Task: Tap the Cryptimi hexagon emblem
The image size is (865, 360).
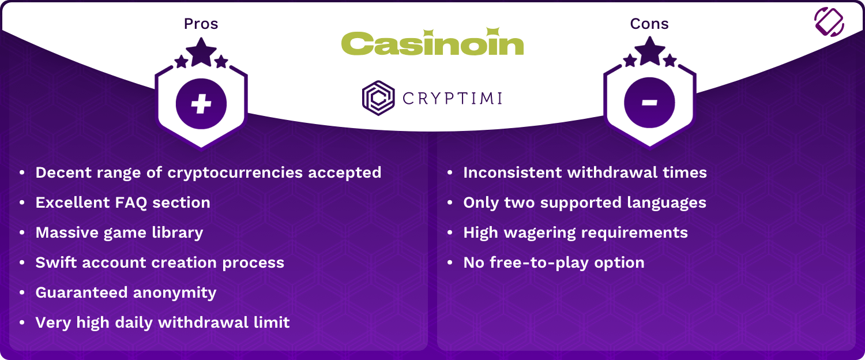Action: pyautogui.click(x=378, y=98)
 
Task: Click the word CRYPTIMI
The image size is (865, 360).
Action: pyautogui.click(x=452, y=99)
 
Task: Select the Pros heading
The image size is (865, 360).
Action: pyautogui.click(x=201, y=24)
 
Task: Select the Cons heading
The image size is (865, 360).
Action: pyautogui.click(x=649, y=24)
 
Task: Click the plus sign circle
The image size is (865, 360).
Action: pyautogui.click(x=201, y=103)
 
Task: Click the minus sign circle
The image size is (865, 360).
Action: pyautogui.click(x=649, y=102)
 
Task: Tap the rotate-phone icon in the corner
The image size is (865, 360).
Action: pyautogui.click(x=829, y=22)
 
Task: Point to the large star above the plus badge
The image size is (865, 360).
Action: pyautogui.click(x=201, y=52)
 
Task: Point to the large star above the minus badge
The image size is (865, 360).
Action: pyautogui.click(x=650, y=51)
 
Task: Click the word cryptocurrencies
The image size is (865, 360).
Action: pyautogui.click(x=235, y=173)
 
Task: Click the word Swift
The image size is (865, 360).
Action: pyautogui.click(x=56, y=262)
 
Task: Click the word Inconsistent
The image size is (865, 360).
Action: pyautogui.click(x=512, y=172)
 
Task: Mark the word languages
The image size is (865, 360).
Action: pyautogui.click(x=667, y=203)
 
